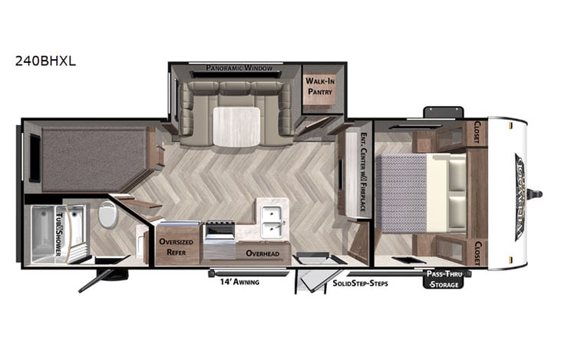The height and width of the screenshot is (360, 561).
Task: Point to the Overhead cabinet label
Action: (262, 253)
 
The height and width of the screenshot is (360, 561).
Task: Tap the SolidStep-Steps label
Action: (361, 283)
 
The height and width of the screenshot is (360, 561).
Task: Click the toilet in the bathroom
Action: (107, 216)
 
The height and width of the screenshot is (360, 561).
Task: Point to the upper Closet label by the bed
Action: (477, 134)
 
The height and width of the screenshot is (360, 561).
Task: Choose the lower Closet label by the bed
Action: (477, 253)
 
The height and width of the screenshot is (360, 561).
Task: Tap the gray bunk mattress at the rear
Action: (94, 157)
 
